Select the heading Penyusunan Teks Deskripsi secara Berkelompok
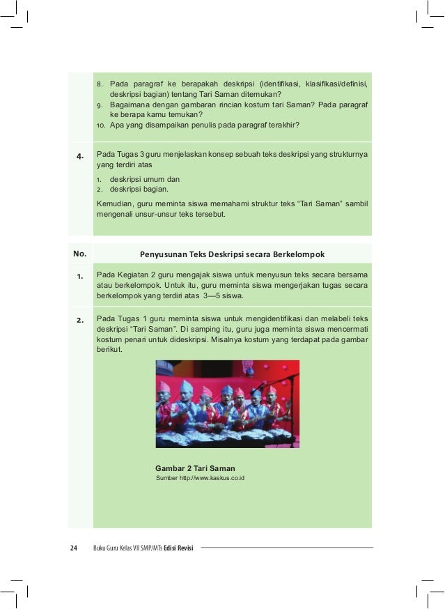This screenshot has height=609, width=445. click(x=232, y=252)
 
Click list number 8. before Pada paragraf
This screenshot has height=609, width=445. click(x=100, y=84)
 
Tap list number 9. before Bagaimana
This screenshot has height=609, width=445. click(x=100, y=105)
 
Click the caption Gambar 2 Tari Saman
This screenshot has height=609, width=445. click(x=195, y=468)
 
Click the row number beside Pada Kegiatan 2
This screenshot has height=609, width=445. click(x=80, y=277)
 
